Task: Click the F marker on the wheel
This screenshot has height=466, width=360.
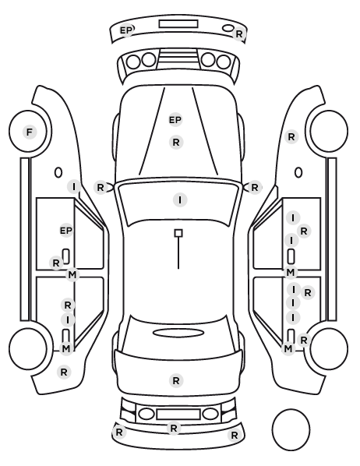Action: pyautogui.click(x=30, y=132)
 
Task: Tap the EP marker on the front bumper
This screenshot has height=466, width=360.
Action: pyautogui.click(x=125, y=30)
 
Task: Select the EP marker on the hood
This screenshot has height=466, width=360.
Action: pyautogui.click(x=175, y=120)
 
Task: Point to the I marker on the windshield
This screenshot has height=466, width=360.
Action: pyautogui.click(x=180, y=199)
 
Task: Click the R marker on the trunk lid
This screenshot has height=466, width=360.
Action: pyautogui.click(x=176, y=380)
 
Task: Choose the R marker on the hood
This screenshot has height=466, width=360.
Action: pyautogui.click(x=176, y=143)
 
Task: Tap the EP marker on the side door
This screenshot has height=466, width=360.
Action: pyautogui.click(x=66, y=231)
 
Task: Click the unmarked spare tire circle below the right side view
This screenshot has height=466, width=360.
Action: pyautogui.click(x=291, y=429)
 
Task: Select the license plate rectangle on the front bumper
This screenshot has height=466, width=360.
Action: pyautogui.click(x=178, y=24)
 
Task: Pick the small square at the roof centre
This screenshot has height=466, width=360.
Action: pyautogui.click(x=178, y=233)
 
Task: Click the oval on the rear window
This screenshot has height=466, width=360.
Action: pyautogui.click(x=178, y=333)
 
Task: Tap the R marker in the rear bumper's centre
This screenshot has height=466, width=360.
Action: pyautogui.click(x=174, y=429)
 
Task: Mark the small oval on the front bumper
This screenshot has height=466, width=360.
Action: pyautogui.click(x=228, y=28)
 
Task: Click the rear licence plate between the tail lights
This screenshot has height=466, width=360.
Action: pyautogui.click(x=178, y=414)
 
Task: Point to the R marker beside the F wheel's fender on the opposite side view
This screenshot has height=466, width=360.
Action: pyautogui.click(x=291, y=137)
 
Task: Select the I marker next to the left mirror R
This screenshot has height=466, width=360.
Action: pyautogui.click(x=74, y=187)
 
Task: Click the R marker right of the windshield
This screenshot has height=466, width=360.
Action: pyautogui.click(x=255, y=188)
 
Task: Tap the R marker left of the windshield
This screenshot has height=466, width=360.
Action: pyautogui.click(x=101, y=188)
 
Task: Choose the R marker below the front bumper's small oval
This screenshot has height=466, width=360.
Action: pyautogui.click(x=239, y=34)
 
